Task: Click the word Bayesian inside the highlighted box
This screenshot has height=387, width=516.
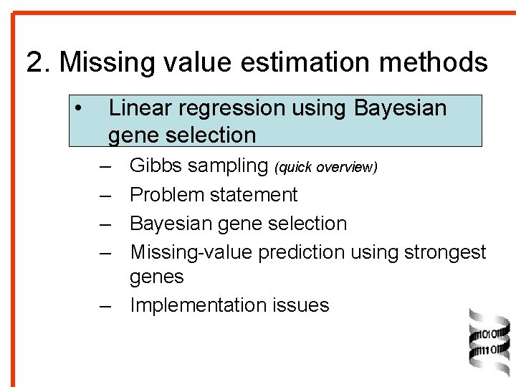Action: [400, 108]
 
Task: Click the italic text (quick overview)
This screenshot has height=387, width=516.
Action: [325, 167]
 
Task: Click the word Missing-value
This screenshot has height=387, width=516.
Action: [191, 252]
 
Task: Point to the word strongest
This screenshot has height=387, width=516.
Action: [445, 253]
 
